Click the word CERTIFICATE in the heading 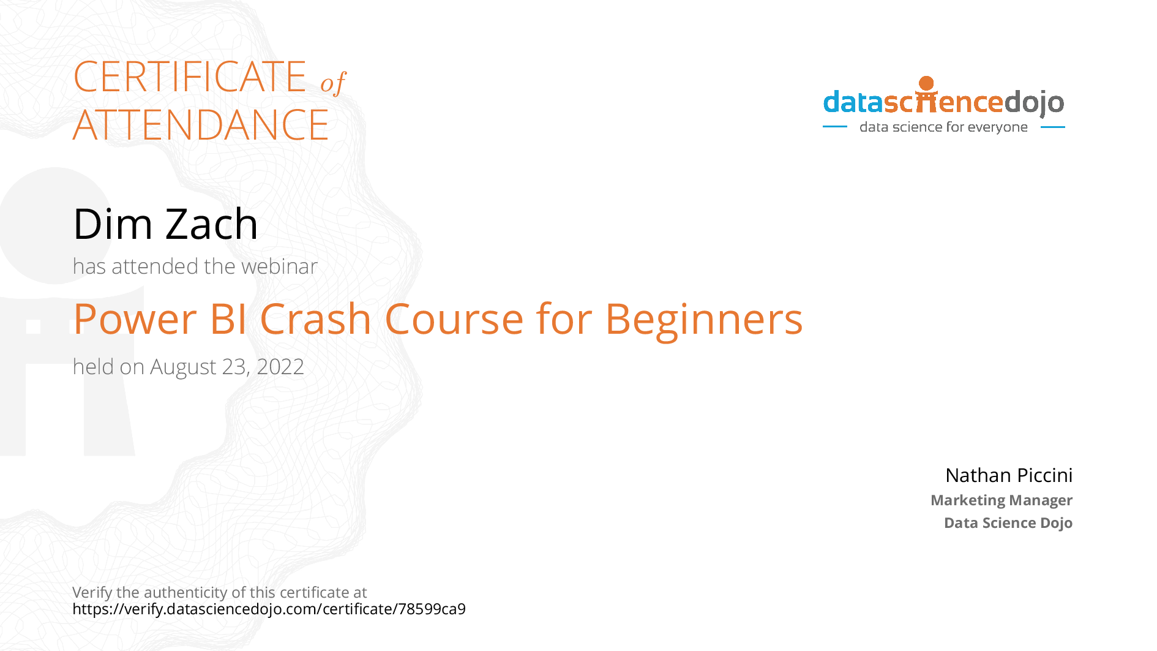pos(190,77)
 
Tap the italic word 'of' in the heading pos(333,83)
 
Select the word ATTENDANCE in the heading pos(201,126)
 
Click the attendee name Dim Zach pos(165,224)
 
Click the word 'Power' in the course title pos(135,320)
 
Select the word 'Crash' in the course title pos(315,320)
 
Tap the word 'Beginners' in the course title pos(703,320)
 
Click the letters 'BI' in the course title pos(228,320)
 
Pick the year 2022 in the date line pos(280,367)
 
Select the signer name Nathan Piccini pos(1008,475)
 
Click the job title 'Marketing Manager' pos(1001,500)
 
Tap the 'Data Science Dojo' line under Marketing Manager pos(1008,523)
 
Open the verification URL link pos(269,609)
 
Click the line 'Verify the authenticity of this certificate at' pos(219,592)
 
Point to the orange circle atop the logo pos(926,83)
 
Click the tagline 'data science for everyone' pos(943,127)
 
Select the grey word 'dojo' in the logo pos(1034,103)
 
